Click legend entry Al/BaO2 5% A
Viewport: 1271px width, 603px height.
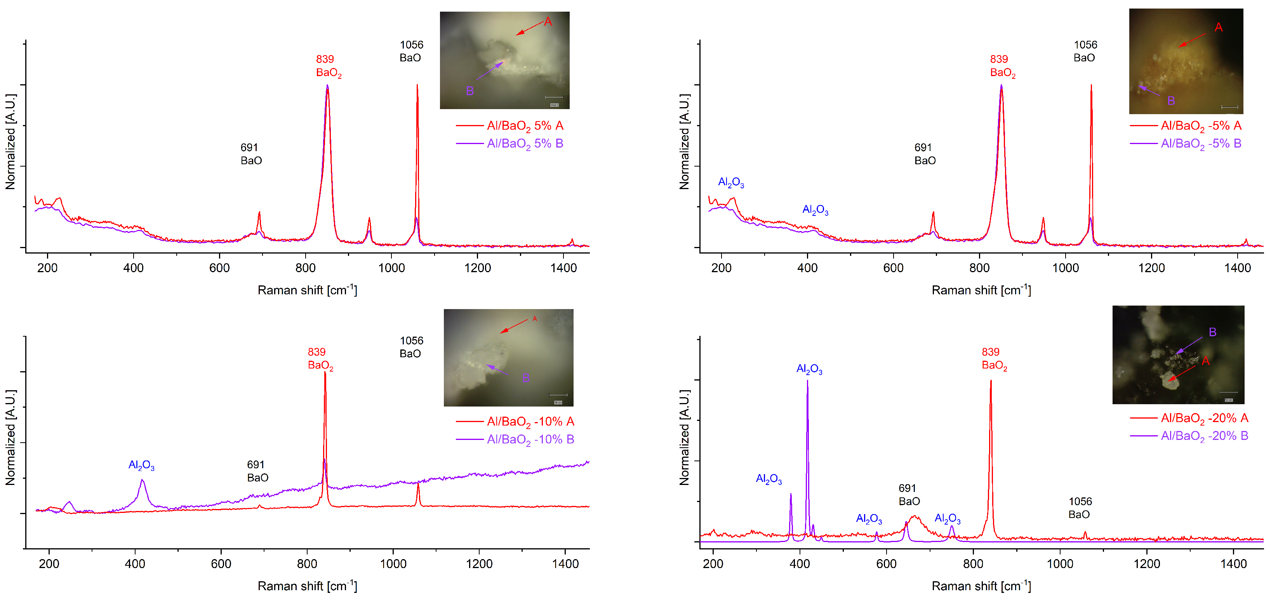(x=525, y=126)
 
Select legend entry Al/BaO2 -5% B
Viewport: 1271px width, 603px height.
(x=1200, y=144)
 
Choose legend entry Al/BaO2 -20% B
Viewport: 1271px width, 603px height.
(x=1204, y=436)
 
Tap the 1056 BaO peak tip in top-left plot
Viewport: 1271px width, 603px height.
(x=417, y=86)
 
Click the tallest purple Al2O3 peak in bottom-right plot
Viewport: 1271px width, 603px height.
(x=807, y=381)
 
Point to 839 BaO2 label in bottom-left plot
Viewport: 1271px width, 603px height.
(x=320, y=359)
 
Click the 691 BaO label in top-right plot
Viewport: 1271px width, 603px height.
(x=924, y=154)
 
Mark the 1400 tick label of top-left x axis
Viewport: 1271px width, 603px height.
(x=563, y=268)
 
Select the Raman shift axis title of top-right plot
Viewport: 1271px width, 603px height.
(x=981, y=290)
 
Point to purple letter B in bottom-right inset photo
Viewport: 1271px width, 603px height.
(x=1212, y=332)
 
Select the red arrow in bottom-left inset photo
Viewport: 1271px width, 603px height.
(x=513, y=326)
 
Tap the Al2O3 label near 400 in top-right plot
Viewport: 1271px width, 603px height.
(x=815, y=210)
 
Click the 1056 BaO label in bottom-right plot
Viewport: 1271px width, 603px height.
(x=1080, y=508)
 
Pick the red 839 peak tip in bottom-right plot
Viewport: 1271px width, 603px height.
(x=990, y=381)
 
